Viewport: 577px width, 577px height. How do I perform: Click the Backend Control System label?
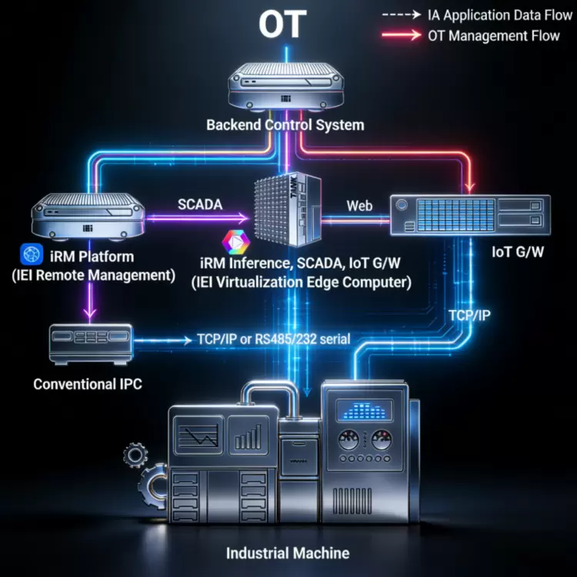coord(285,125)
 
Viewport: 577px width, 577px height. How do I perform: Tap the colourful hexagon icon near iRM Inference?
coord(232,242)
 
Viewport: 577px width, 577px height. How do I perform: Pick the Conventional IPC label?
coord(88,383)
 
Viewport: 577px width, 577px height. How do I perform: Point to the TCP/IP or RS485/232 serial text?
coord(268,339)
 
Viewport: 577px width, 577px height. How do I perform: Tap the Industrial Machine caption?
coord(288,553)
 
